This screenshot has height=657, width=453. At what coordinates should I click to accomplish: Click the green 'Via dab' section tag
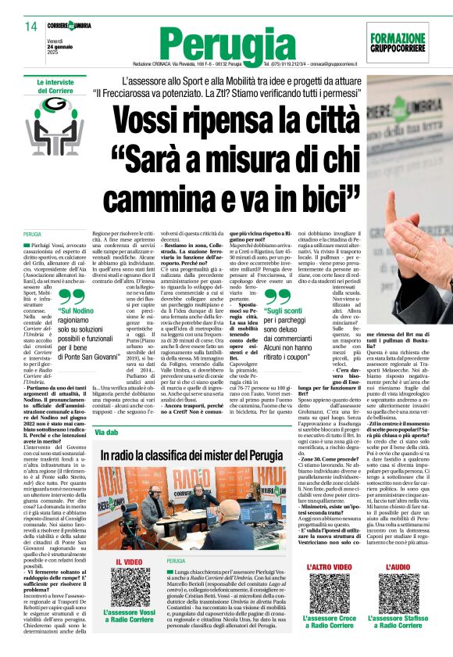(x=108, y=432)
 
